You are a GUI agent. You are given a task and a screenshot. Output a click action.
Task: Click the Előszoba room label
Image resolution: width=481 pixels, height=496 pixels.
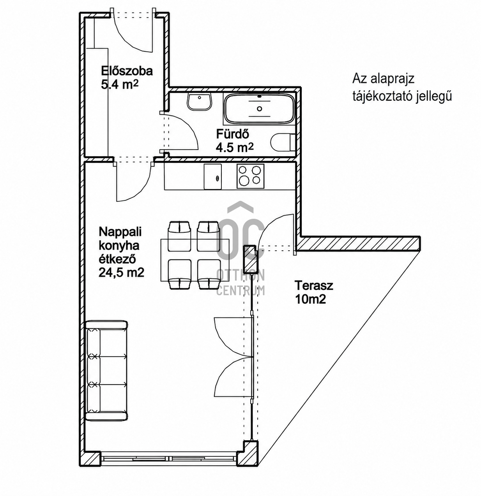(127, 71)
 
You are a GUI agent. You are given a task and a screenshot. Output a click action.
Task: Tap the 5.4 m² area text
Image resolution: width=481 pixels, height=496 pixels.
(120, 84)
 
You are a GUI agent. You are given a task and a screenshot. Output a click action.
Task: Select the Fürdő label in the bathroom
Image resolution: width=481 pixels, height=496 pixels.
(232, 134)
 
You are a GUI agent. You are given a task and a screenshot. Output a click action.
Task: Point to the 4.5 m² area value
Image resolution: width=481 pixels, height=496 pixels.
(235, 148)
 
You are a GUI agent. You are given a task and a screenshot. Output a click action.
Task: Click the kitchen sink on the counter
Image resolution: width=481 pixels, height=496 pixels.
(212, 177)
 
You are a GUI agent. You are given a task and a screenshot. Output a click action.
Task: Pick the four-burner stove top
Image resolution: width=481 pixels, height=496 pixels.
(250, 176)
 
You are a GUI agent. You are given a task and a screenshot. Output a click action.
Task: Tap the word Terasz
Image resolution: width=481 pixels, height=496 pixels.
(314, 285)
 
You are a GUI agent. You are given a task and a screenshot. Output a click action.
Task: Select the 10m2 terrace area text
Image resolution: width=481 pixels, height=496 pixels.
(310, 300)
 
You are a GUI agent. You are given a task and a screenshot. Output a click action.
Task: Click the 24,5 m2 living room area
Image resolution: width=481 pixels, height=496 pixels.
(121, 273)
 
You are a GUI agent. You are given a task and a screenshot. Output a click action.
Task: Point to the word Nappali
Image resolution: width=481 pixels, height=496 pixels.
(120, 232)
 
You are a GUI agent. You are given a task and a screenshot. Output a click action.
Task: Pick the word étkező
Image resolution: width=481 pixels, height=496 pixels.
(117, 259)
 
